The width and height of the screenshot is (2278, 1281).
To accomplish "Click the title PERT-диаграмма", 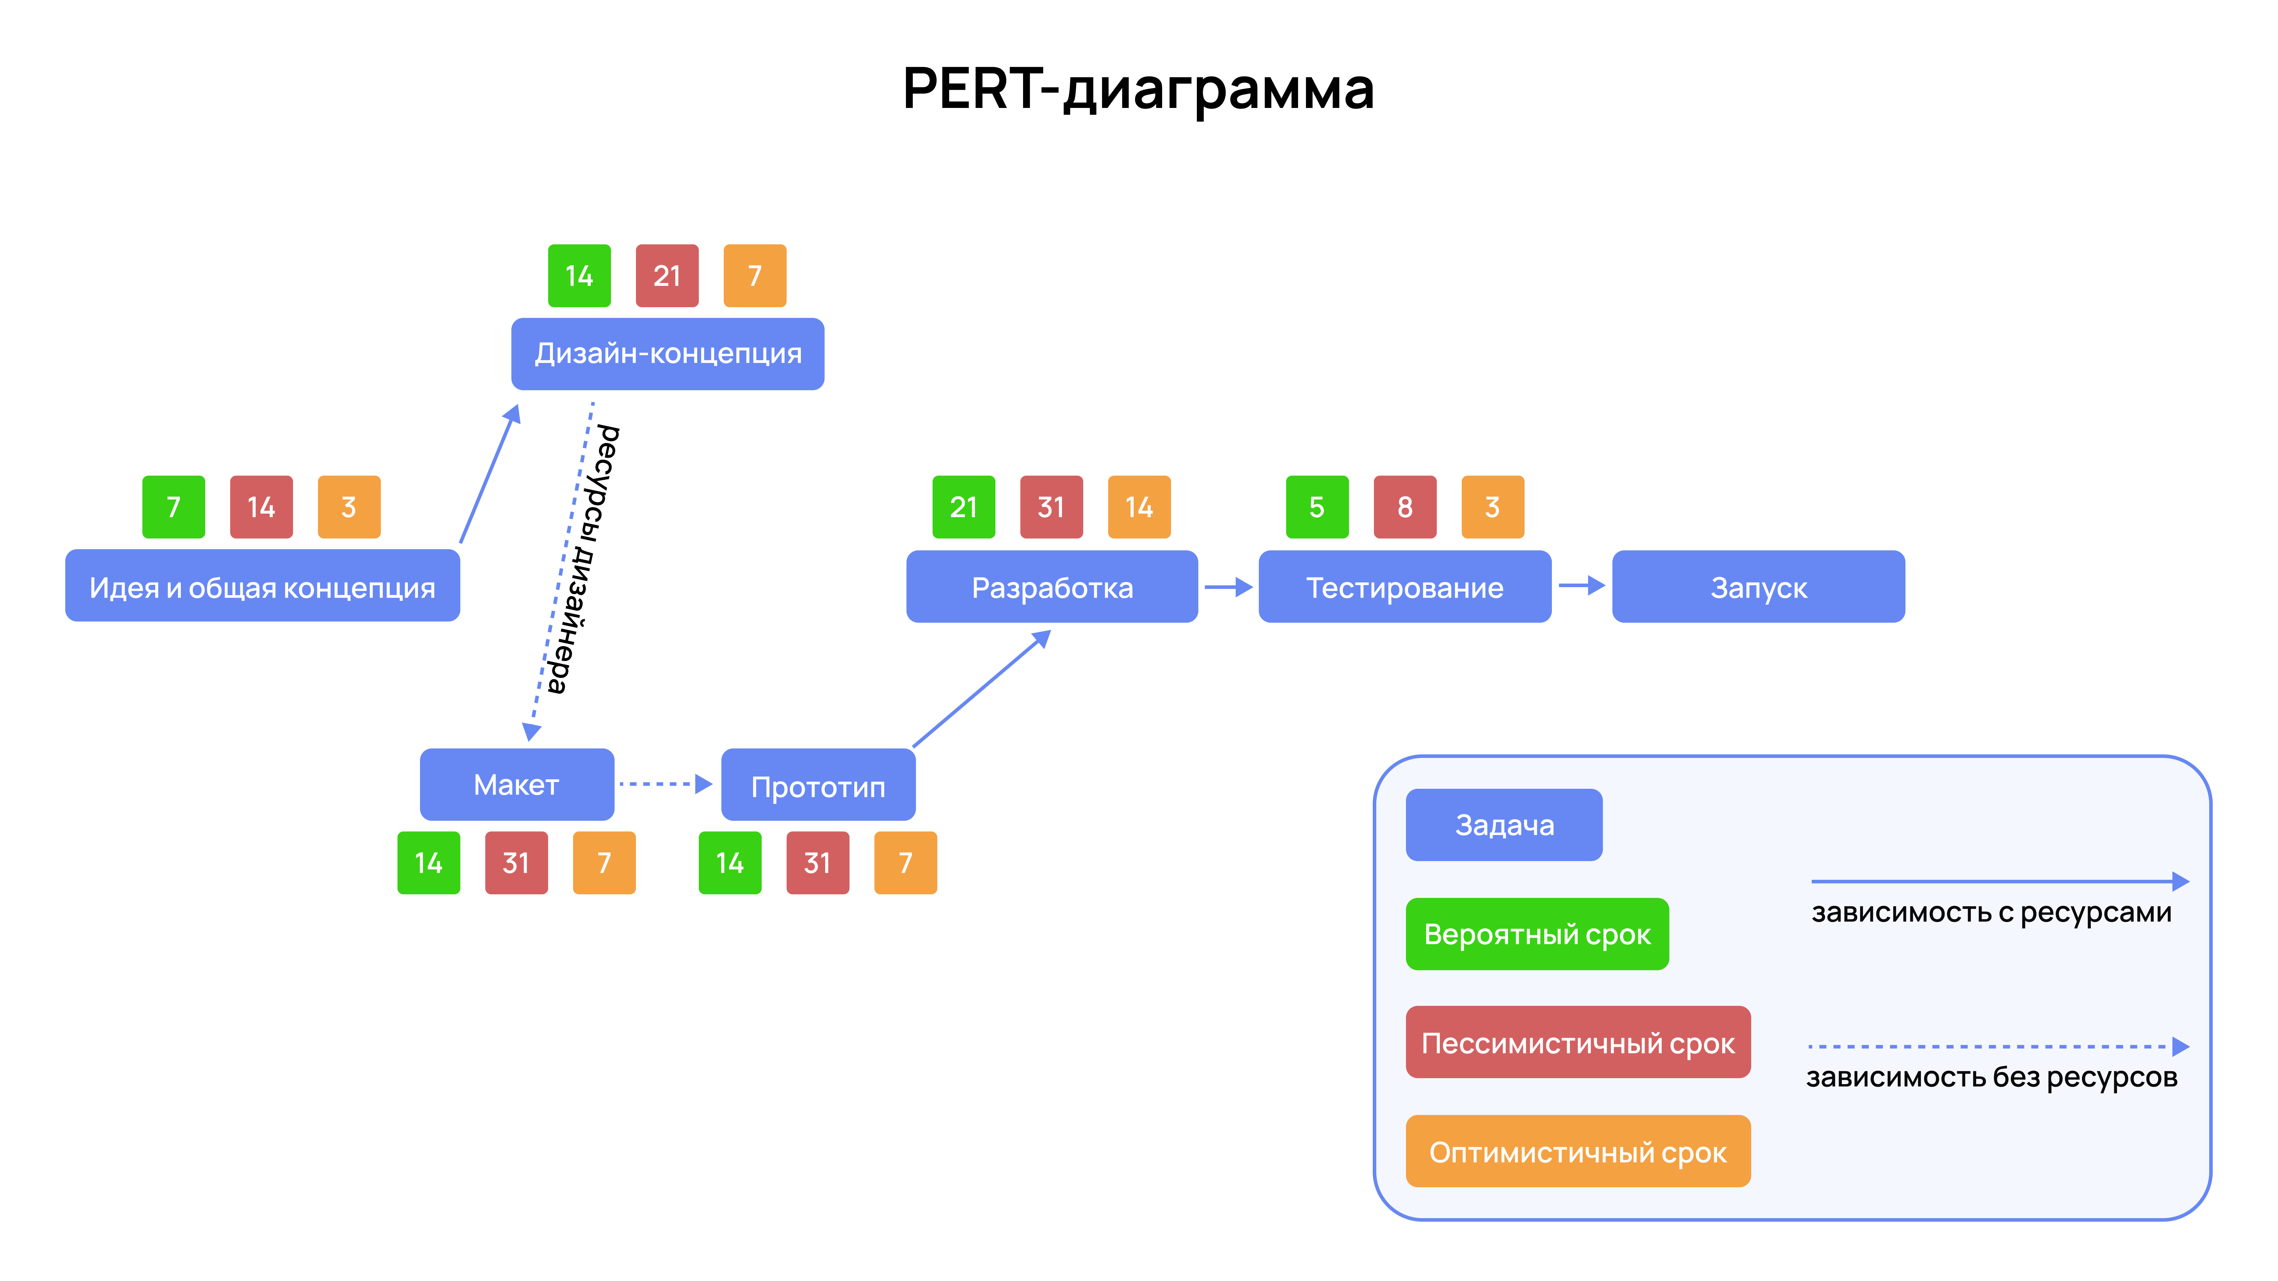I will [1138, 89].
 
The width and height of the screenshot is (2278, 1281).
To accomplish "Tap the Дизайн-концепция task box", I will [668, 354].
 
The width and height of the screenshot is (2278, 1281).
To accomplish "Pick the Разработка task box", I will [1051, 587].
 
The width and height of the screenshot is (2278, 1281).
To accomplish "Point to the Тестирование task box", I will [1404, 587].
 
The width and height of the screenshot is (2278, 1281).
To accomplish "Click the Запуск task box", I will [1758, 587].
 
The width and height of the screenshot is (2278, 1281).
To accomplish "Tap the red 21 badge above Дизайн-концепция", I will [667, 276].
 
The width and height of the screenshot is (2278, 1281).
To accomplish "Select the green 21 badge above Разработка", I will [963, 507].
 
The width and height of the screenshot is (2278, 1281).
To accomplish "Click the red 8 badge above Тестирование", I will [1404, 507].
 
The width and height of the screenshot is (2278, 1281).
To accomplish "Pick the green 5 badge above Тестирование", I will [1317, 507].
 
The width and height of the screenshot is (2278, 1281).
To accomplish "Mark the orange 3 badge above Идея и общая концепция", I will [349, 507].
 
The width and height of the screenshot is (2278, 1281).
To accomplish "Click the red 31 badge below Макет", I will [516, 863].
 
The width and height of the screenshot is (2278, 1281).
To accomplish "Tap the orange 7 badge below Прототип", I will [905, 863].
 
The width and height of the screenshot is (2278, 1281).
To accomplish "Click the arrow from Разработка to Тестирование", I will [1227, 587].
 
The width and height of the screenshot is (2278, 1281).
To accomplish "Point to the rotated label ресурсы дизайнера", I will [584, 559].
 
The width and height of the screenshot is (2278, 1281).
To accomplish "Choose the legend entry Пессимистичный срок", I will [1578, 1042].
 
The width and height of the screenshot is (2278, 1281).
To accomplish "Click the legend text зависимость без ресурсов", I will [1991, 1077].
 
